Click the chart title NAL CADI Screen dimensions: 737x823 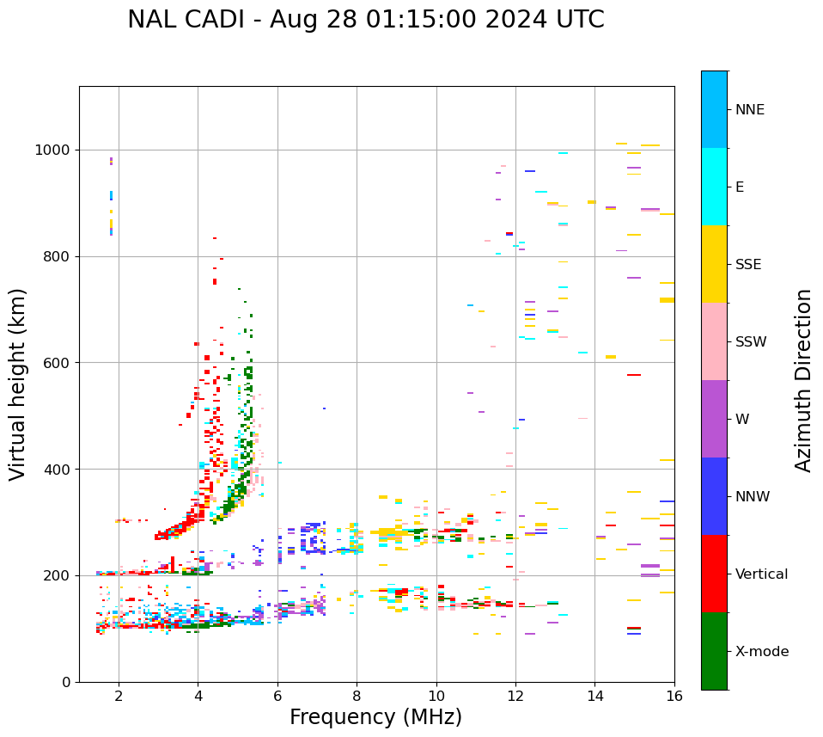(x=365, y=20)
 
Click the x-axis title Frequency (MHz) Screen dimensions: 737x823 (x=375, y=717)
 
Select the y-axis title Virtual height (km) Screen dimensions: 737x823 (x=18, y=384)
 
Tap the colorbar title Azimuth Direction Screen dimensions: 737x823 (x=803, y=379)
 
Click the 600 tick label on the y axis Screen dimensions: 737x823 (x=55, y=363)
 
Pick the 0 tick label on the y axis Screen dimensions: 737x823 (x=66, y=682)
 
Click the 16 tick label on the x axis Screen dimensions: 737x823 (x=674, y=697)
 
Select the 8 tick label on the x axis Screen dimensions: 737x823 (x=357, y=697)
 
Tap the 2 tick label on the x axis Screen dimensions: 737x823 (x=119, y=697)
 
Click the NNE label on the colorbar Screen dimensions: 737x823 (x=749, y=110)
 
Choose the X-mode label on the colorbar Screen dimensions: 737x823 (x=761, y=652)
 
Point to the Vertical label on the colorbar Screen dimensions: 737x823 (x=761, y=574)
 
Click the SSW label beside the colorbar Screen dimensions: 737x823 (x=751, y=342)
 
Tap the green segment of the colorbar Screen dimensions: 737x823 (x=714, y=651)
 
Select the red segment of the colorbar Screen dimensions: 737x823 (x=714, y=574)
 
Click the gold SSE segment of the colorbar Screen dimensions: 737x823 (x=714, y=264)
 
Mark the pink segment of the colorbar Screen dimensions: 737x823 (x=714, y=341)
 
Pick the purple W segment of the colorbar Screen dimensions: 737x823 (x=714, y=419)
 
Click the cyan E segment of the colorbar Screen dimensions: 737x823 (x=714, y=187)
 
